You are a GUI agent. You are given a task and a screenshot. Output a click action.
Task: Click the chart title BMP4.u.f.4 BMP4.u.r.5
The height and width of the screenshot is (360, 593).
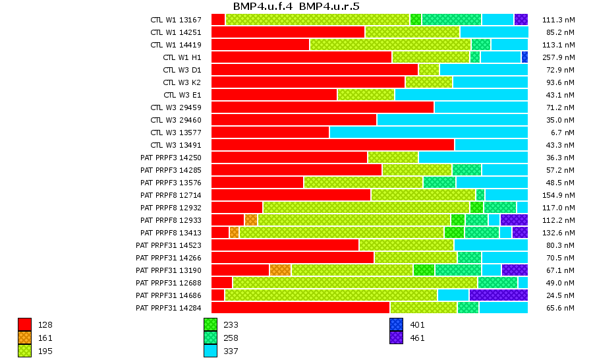(296, 7)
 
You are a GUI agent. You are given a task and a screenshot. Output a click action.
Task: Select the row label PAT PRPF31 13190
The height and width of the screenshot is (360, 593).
(169, 270)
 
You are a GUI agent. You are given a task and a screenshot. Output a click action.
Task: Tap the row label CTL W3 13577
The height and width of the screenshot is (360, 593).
(176, 133)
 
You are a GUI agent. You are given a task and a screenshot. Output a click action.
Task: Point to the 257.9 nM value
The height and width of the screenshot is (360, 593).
(560, 57)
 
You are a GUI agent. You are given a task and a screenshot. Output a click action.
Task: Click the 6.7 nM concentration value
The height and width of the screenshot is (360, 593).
(562, 133)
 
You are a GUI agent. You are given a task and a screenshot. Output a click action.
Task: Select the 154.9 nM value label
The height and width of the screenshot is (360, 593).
(560, 195)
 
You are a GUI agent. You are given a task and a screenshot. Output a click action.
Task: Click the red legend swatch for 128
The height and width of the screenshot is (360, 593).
(25, 324)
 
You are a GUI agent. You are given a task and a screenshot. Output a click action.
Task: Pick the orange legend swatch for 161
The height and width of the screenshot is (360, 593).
(25, 338)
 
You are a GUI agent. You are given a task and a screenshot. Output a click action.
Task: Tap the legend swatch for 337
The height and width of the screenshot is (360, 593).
(211, 351)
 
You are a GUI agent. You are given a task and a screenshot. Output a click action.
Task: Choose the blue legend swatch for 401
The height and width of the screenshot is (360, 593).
(396, 324)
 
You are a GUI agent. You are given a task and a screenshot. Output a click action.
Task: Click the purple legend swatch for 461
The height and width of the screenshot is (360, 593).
(396, 338)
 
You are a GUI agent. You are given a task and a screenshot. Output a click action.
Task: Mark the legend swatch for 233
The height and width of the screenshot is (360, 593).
(211, 324)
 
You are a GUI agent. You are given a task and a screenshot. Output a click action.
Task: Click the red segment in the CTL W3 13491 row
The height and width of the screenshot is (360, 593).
(333, 145)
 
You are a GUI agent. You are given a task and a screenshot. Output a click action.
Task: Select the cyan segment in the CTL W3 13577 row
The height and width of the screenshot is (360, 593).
(428, 133)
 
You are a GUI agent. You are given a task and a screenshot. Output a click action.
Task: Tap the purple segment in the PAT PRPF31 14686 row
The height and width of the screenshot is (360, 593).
(498, 295)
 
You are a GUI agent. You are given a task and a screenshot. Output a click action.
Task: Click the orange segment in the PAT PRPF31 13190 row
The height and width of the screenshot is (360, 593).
(280, 270)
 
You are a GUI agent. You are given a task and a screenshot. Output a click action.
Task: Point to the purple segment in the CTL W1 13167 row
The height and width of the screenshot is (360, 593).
(521, 20)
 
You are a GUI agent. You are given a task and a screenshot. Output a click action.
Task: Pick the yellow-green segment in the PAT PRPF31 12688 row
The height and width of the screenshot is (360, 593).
(354, 283)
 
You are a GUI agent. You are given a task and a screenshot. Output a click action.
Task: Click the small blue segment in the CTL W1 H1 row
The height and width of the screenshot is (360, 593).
(524, 57)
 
